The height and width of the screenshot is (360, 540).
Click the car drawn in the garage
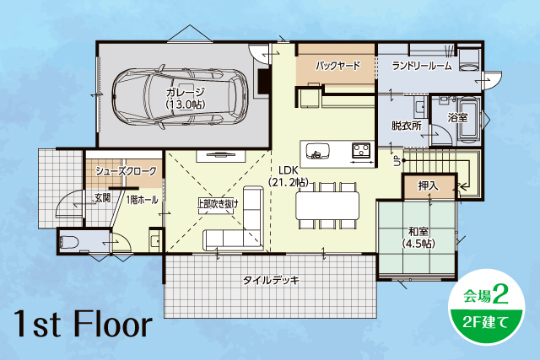coord(180,95)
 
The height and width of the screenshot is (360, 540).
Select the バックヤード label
coord(338,66)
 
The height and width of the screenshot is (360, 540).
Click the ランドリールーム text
coord(422,66)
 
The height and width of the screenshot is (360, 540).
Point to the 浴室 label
coord(457,118)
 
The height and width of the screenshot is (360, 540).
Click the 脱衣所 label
coord(407,126)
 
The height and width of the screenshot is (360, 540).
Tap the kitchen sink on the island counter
coord(317,152)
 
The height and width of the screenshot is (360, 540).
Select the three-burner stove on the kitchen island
coord(361,150)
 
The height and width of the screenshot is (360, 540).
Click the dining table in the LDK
coord(327,206)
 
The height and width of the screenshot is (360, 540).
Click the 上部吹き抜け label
coord(218,204)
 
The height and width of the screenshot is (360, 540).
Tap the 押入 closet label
coord(429,186)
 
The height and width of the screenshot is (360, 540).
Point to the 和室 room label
coord(418,231)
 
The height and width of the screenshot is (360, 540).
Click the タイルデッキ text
coord(272,280)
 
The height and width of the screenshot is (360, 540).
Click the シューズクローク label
coord(126,171)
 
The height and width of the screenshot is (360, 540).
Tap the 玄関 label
coord(102,198)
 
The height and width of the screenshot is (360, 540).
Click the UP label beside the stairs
coord(397,161)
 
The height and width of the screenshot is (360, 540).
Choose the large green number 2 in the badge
coord(500,294)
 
